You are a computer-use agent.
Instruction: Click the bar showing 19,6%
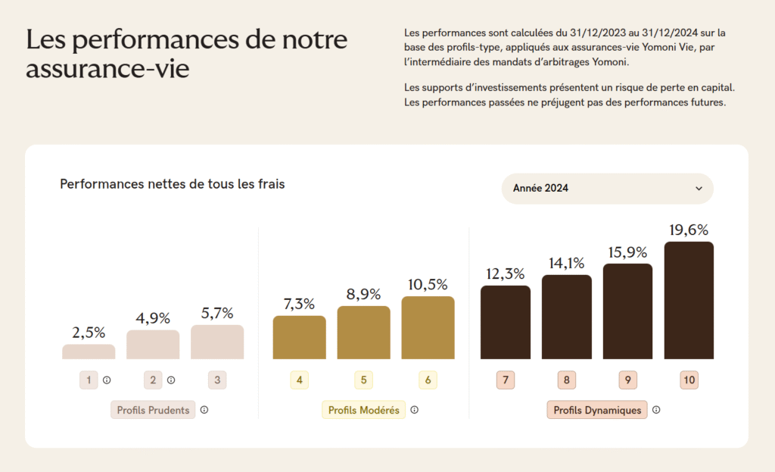click(x=689, y=300)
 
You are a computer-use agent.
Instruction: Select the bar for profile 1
click(x=89, y=352)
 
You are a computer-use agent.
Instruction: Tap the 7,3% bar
click(x=299, y=337)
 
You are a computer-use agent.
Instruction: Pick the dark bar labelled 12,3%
click(x=505, y=322)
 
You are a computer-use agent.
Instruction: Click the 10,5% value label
click(x=428, y=285)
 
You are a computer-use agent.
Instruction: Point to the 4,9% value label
click(x=153, y=318)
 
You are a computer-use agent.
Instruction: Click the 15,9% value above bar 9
click(x=627, y=252)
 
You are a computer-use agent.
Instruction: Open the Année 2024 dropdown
click(x=607, y=189)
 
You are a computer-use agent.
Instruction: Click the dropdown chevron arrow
click(x=699, y=189)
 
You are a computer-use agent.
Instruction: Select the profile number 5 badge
click(x=363, y=380)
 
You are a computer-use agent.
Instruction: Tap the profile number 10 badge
click(x=689, y=380)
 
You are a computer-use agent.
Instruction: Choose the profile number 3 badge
click(x=217, y=380)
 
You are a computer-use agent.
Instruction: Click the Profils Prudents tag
click(x=153, y=410)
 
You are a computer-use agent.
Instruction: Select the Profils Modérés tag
click(x=363, y=410)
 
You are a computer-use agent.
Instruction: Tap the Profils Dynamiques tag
click(x=597, y=410)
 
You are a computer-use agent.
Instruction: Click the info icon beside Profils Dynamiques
click(x=656, y=410)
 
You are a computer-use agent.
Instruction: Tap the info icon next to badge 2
click(x=171, y=380)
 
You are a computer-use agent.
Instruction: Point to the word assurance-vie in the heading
click(x=107, y=69)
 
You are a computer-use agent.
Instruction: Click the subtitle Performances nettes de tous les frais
click(x=173, y=184)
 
